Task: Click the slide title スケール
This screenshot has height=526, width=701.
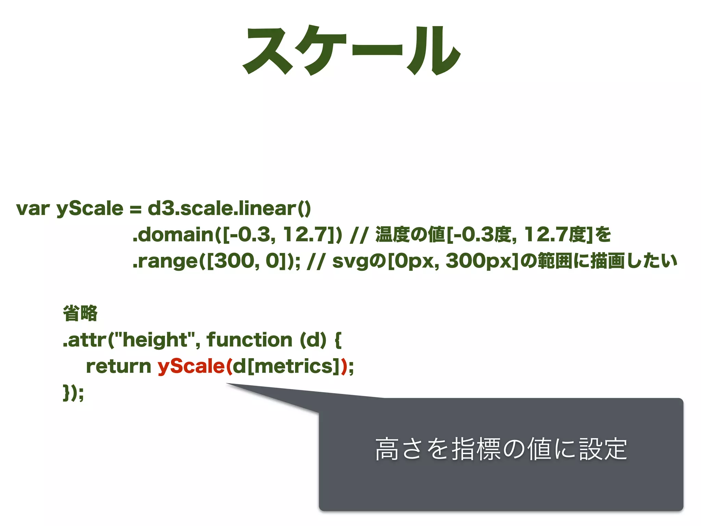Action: tap(351, 51)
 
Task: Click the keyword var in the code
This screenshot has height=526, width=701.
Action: tap(33, 209)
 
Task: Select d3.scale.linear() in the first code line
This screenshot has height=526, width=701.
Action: tap(229, 209)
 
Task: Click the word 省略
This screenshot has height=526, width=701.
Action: tap(80, 313)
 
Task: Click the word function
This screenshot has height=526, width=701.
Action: tap(250, 340)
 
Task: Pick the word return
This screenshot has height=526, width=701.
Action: tap(118, 366)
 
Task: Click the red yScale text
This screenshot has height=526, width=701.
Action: tap(191, 366)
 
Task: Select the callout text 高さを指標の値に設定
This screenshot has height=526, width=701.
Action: tap(501, 449)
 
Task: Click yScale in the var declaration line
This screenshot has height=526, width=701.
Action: tap(90, 209)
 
